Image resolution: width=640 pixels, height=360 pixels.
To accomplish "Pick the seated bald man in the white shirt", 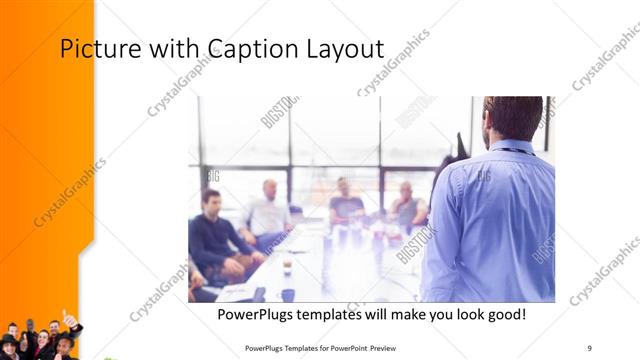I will pos(267,212).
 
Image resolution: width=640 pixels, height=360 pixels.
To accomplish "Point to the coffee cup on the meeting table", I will pos(287,266).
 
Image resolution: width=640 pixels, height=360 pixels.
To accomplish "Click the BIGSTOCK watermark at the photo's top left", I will pos(279,111).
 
